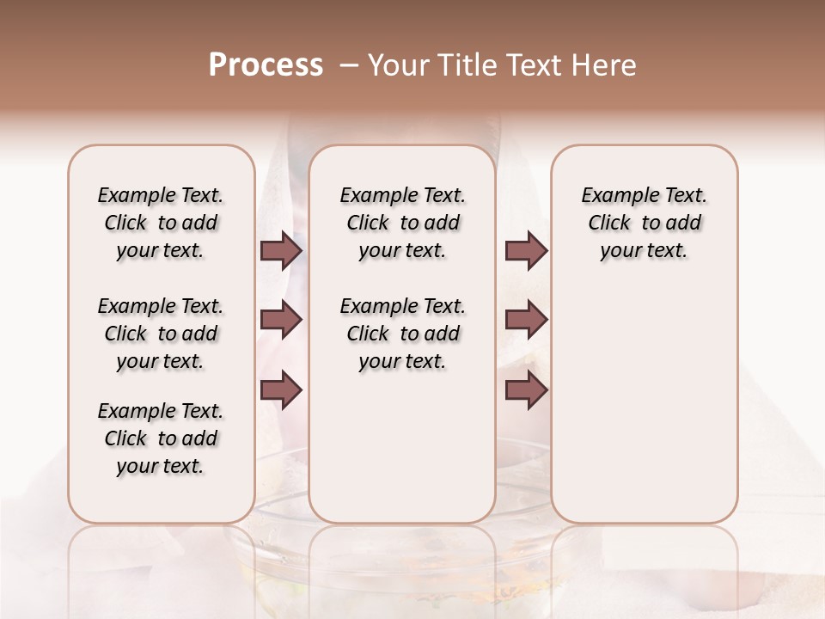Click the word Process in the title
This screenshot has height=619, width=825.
[266, 65]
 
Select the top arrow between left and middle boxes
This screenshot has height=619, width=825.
[281, 251]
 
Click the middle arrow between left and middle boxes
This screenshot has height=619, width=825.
[281, 320]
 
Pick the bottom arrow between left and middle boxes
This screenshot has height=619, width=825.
[281, 389]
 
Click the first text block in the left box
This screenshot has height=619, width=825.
[161, 223]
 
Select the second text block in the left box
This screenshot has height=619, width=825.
[161, 334]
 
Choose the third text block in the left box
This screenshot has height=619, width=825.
[161, 438]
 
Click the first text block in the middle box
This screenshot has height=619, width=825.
[402, 223]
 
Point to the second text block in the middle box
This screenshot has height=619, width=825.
[402, 334]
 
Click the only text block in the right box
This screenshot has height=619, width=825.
[645, 223]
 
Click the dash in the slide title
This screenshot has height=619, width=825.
[349, 65]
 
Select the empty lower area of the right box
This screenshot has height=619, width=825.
[645, 404]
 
